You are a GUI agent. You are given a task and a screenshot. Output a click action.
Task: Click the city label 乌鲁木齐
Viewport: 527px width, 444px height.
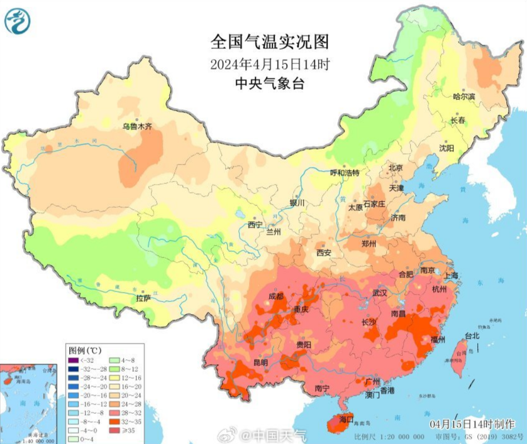click(137, 126)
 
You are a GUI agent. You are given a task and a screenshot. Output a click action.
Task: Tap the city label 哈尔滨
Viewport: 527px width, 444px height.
click(465, 96)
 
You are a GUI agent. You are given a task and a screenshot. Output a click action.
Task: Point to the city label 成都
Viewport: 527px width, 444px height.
click(276, 296)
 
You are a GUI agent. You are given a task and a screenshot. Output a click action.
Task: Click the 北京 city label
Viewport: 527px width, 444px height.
click(395, 168)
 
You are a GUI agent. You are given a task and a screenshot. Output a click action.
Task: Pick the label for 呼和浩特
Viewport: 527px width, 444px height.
click(345, 173)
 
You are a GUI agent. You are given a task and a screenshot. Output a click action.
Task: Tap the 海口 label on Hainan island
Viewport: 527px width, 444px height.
click(347, 419)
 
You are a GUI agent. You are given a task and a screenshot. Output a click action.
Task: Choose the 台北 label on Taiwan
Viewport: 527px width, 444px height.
click(471, 336)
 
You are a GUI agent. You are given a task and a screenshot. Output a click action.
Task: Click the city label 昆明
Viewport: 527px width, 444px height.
click(260, 362)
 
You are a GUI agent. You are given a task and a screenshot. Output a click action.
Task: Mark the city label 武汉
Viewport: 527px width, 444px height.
click(379, 293)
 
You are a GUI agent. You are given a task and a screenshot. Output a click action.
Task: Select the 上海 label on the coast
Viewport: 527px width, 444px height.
click(450, 276)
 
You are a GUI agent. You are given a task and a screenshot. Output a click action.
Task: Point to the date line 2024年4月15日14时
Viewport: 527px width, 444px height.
click(270, 64)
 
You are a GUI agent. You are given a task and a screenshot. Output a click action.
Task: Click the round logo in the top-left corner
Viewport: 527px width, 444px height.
click(18, 22)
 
